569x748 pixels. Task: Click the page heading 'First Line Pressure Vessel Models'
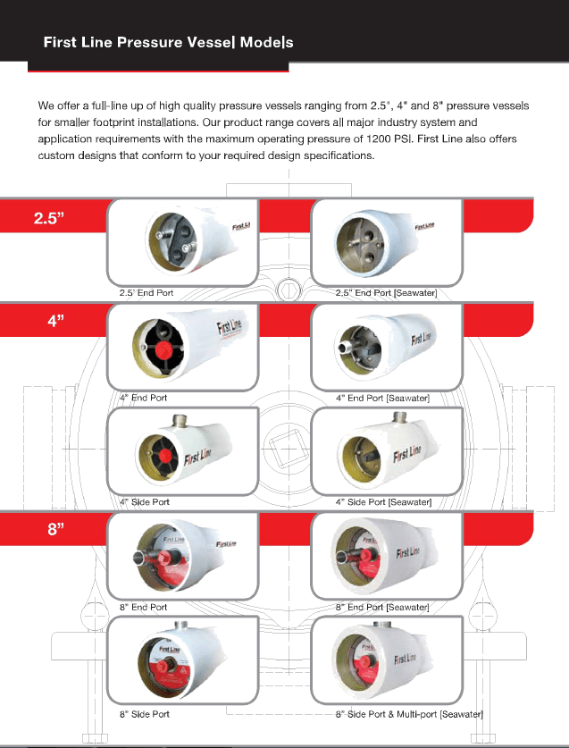point(168,43)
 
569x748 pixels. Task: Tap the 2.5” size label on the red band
point(48,218)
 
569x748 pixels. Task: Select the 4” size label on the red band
point(55,321)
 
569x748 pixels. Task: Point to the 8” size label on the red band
point(55,529)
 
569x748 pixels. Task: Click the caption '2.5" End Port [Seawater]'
point(386,293)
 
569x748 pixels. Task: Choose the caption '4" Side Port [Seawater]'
point(383,502)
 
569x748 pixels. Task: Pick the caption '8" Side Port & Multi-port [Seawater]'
point(409,714)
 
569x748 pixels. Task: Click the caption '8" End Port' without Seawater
point(144,608)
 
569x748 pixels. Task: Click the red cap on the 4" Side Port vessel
point(165,457)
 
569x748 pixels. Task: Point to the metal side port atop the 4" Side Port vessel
point(180,420)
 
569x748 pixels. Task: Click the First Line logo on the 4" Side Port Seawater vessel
point(406,454)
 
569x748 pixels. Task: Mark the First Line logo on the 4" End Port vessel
point(230,327)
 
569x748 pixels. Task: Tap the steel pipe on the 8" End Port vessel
point(143,557)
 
